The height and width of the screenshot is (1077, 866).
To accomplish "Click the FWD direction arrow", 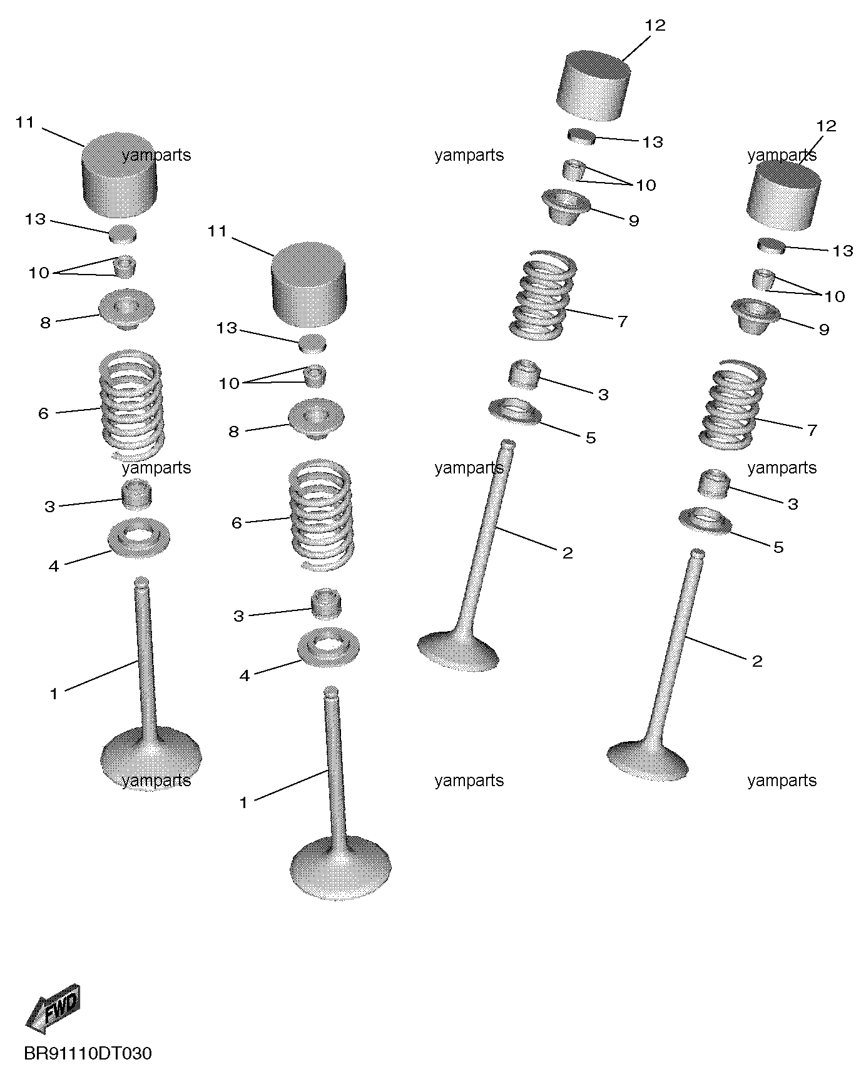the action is click(x=53, y=1008).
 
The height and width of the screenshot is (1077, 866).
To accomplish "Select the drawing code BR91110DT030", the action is click(x=88, y=1054).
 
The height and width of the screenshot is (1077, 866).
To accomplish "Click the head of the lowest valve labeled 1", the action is click(x=341, y=868).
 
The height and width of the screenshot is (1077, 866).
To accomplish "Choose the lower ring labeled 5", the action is click(x=706, y=522).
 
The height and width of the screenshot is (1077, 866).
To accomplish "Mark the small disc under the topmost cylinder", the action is click(x=581, y=136).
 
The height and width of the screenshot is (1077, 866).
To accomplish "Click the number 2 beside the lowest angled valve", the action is click(x=757, y=661).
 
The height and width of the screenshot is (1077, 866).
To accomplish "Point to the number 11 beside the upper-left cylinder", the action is click(x=25, y=123).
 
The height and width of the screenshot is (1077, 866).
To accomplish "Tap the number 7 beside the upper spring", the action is click(x=622, y=321).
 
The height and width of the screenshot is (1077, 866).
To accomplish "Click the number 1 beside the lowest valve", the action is click(x=243, y=802).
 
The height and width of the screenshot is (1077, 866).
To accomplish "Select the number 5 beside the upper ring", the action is click(x=591, y=438).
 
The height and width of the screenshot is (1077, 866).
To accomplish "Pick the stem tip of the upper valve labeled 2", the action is click(x=507, y=443).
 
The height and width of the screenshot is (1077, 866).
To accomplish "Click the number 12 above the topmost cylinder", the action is click(x=655, y=26).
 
